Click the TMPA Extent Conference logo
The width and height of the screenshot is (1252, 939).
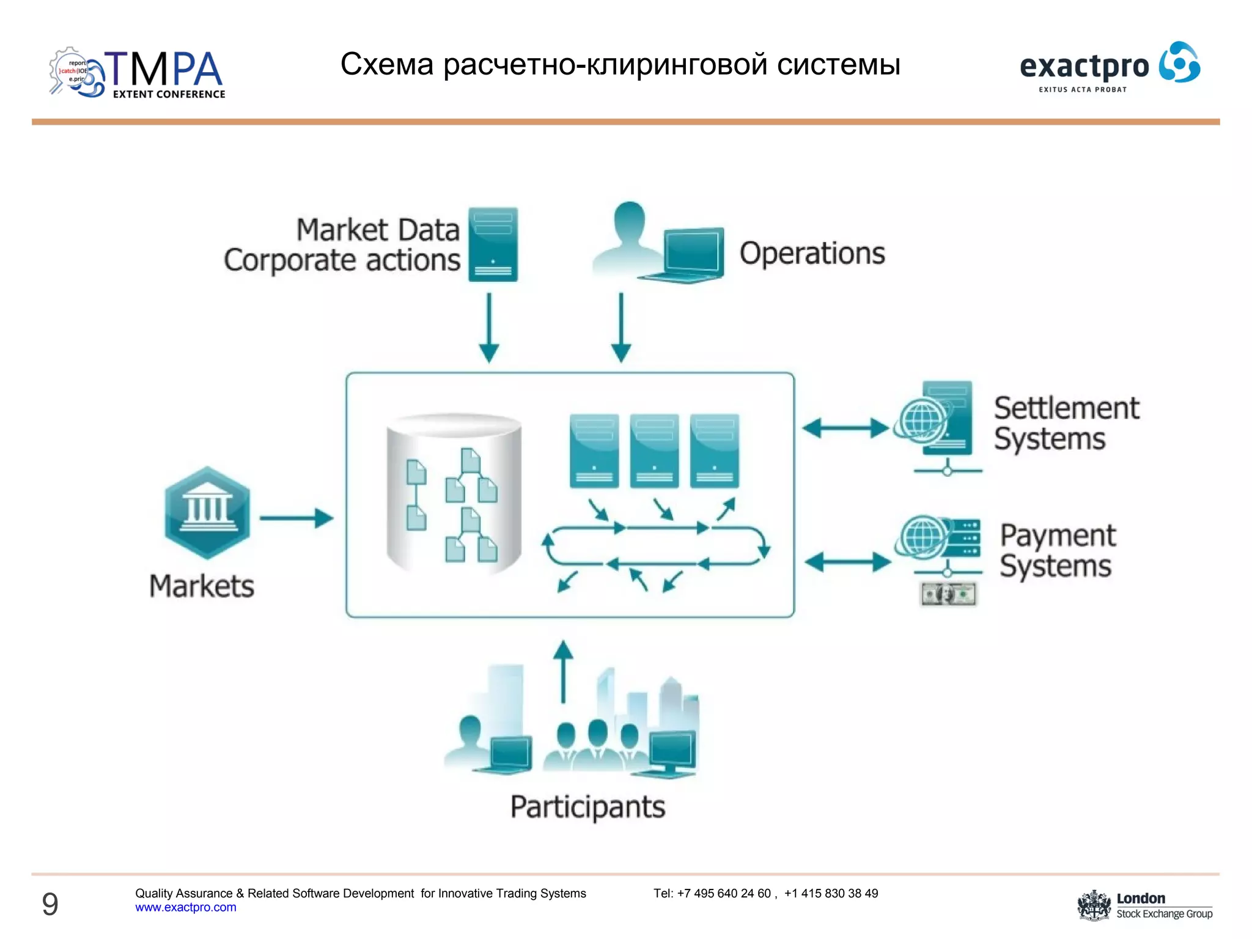pyautogui.click(x=138, y=73)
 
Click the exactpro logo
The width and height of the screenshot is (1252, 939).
pyautogui.click(x=1110, y=66)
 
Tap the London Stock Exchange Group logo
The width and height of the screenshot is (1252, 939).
pyautogui.click(x=1144, y=905)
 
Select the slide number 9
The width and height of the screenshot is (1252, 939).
pyautogui.click(x=50, y=904)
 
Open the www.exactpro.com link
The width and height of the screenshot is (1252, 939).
pyautogui.click(x=185, y=907)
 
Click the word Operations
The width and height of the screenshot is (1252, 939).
pyautogui.click(x=812, y=253)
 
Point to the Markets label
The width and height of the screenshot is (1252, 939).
pyautogui.click(x=202, y=586)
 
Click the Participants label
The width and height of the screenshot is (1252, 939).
pyautogui.click(x=587, y=807)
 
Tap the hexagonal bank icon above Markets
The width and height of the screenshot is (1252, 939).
pyautogui.click(x=207, y=512)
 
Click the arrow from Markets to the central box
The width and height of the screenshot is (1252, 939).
pyautogui.click(x=296, y=518)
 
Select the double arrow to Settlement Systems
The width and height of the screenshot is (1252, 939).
pyautogui.click(x=845, y=428)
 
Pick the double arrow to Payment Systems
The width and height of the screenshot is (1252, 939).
pyautogui.click(x=847, y=562)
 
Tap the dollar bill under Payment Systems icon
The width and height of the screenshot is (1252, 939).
pyautogui.click(x=948, y=594)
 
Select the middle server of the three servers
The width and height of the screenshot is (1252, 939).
pyautogui.click(x=654, y=451)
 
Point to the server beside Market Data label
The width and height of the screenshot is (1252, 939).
pyautogui.click(x=493, y=245)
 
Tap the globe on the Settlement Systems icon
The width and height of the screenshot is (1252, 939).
pyautogui.click(x=921, y=420)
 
